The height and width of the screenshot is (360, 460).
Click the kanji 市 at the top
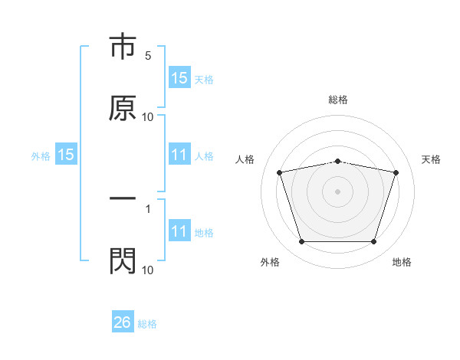123,47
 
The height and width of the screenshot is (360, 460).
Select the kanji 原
123,108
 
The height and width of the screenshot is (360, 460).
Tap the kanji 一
123,198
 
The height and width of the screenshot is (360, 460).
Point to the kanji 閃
123,260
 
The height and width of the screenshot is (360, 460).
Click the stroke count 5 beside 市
148,56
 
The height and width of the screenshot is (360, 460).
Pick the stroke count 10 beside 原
148,117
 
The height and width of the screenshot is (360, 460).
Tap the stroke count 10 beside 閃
148,270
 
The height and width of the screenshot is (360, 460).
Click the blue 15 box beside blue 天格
179,78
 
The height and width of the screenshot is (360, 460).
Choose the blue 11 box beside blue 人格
179,155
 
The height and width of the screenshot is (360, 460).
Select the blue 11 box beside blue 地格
179,231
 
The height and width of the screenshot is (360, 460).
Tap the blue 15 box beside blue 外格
66,155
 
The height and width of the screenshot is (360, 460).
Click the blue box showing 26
123,322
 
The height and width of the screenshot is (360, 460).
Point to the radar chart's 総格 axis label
338,100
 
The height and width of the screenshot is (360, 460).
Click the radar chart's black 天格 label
432,159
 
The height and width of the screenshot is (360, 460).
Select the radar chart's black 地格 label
402,262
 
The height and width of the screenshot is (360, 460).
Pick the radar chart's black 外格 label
270,262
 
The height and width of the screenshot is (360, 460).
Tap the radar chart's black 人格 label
245,159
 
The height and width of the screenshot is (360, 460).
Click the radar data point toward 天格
396,172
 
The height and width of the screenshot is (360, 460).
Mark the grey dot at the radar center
338,191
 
